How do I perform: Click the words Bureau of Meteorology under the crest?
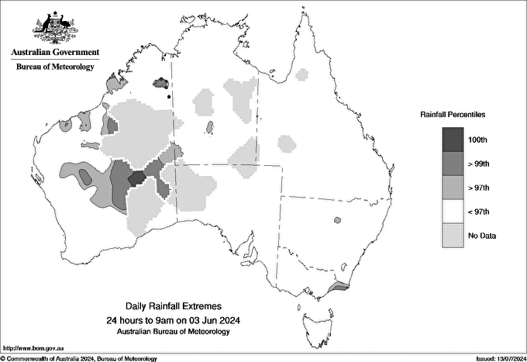pos(55,67)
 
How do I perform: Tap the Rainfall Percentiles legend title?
pos(453,115)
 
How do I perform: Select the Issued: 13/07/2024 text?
pos(495,358)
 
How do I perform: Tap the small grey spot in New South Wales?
pos(337,220)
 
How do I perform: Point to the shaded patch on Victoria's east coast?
pos(338,286)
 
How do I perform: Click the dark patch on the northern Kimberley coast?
pos(162,82)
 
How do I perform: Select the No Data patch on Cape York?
pos(302,74)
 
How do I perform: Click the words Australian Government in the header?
pos(55,53)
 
